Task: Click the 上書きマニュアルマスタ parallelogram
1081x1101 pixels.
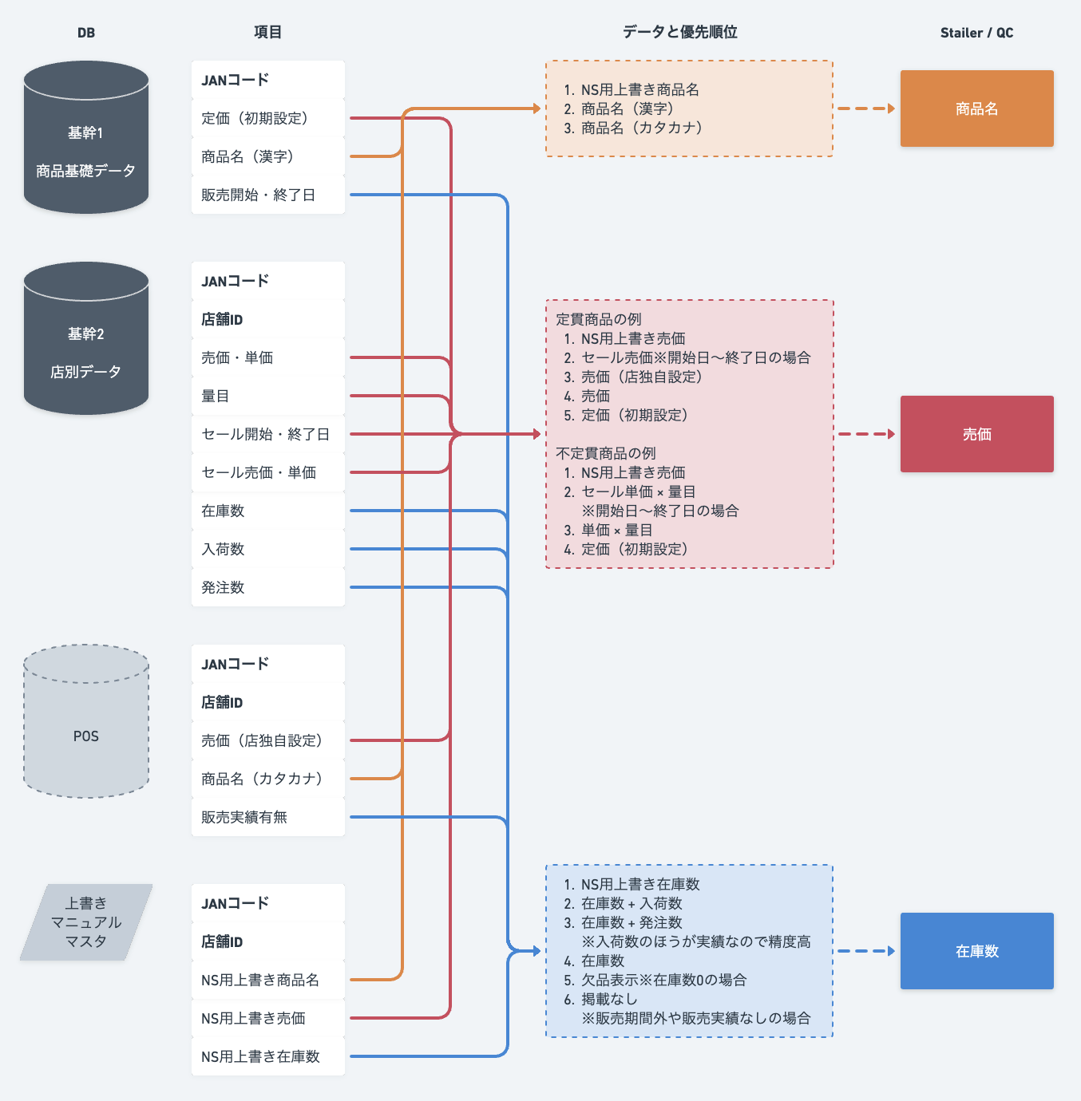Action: click(x=86, y=922)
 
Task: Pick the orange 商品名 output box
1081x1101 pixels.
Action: click(x=976, y=109)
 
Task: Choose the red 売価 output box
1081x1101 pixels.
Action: click(x=976, y=434)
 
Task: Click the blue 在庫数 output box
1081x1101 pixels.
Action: click(x=976, y=951)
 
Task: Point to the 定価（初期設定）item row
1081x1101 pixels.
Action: click(x=267, y=118)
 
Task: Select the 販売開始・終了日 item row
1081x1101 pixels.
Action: click(x=267, y=195)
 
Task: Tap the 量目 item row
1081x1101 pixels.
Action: click(x=267, y=396)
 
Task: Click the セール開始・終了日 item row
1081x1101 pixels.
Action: click(x=267, y=434)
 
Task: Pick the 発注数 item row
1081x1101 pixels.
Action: click(x=267, y=587)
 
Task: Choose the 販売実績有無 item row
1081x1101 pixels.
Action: click(x=267, y=817)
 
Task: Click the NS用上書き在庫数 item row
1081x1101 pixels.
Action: click(x=267, y=1056)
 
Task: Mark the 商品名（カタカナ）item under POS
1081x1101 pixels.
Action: click(x=267, y=779)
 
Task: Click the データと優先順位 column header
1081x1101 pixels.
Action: click(x=679, y=32)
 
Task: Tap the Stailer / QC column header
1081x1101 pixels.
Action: click(x=976, y=33)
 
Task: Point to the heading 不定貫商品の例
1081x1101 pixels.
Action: click(x=605, y=453)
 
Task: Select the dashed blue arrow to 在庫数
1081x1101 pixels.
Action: click(x=866, y=951)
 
